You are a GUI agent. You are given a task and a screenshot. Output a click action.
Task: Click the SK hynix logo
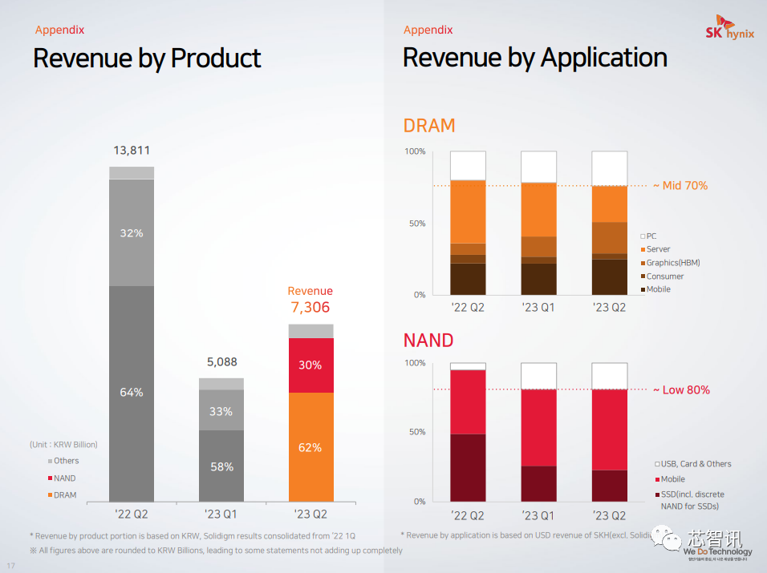(728, 30)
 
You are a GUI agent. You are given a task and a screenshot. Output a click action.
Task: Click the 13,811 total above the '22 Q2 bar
(132, 150)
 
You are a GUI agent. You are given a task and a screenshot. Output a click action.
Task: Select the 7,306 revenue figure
(310, 308)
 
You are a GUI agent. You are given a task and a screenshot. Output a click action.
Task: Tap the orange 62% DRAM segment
(310, 447)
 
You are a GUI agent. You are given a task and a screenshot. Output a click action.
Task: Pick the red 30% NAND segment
(310, 365)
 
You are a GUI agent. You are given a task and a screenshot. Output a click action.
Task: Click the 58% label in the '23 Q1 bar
(221, 466)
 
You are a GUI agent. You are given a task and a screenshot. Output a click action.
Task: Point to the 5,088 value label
(221, 361)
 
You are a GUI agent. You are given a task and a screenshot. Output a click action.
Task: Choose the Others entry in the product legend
(66, 461)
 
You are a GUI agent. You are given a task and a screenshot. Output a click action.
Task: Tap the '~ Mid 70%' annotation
(680, 186)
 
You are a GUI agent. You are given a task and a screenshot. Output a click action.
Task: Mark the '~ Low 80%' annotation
(680, 390)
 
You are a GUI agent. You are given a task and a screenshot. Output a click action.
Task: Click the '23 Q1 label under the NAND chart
(538, 515)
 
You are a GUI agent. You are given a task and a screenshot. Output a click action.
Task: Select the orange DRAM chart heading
(428, 126)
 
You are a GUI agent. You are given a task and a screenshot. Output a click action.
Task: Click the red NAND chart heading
(428, 340)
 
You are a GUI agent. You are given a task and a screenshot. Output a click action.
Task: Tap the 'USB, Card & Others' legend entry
(696, 464)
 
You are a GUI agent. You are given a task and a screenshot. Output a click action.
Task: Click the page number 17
(11, 567)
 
